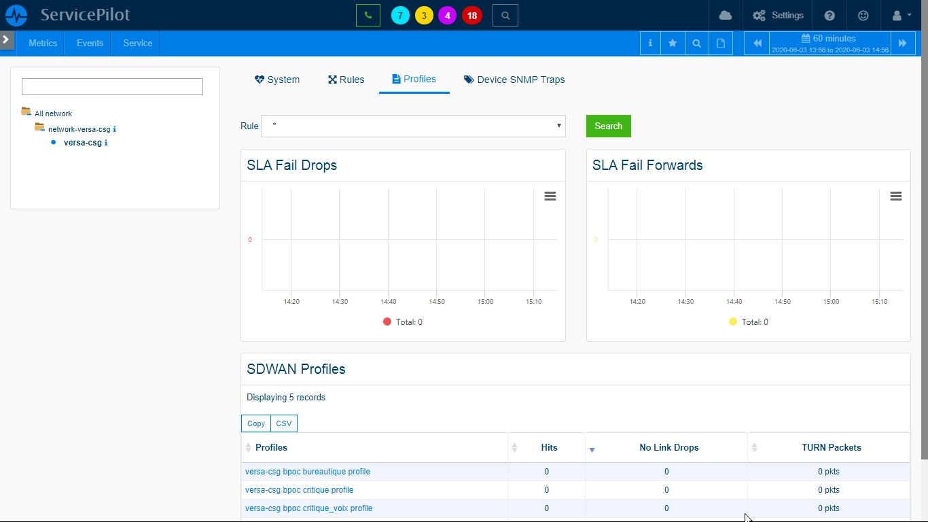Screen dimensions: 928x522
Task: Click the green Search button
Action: (608, 126)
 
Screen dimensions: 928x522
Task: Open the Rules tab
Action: (346, 80)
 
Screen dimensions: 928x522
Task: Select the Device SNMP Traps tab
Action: (514, 80)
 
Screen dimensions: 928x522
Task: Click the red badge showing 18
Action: (471, 16)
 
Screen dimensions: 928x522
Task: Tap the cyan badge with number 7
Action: (400, 16)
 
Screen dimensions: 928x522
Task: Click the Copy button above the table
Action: (255, 423)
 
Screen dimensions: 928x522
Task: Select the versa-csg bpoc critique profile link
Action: (299, 489)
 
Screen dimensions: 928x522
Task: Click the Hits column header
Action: (549, 447)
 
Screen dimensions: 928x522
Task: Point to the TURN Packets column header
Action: (831, 447)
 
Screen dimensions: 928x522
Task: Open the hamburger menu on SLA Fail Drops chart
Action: (550, 196)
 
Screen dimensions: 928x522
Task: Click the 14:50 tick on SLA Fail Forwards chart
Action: (782, 301)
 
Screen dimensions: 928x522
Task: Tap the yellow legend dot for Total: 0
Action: (732, 321)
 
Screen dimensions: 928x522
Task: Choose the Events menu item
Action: (90, 43)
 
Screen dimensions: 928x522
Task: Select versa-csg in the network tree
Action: (82, 143)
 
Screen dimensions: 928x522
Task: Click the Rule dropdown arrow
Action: (558, 125)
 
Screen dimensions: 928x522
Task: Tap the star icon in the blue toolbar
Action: (673, 43)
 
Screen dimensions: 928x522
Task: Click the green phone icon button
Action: (368, 16)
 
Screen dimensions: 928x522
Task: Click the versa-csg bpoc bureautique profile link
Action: (307, 472)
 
